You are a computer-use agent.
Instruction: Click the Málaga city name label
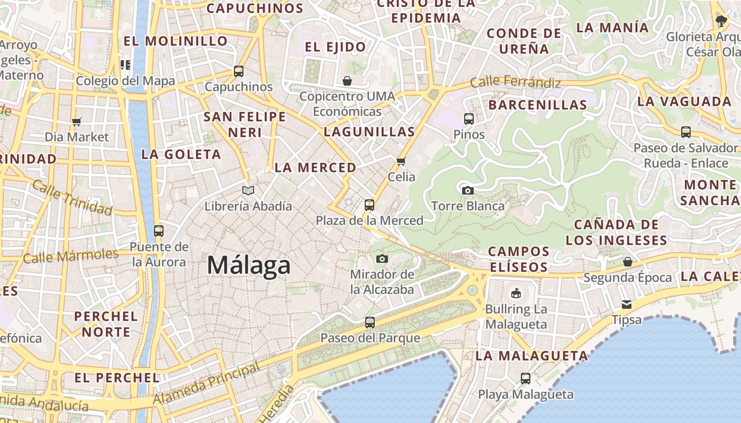click(249, 265)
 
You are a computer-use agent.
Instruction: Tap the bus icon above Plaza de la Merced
click(369, 205)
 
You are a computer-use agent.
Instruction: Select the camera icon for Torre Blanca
click(468, 190)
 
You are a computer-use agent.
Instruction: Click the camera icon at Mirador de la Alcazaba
click(382, 259)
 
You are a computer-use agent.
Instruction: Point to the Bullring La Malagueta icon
click(516, 293)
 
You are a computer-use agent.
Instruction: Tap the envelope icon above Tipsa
click(627, 304)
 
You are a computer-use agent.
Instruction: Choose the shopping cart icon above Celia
click(401, 161)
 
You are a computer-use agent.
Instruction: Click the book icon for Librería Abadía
click(248, 190)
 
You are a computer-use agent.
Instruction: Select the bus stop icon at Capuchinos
click(239, 71)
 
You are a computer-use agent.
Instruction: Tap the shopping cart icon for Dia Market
click(77, 122)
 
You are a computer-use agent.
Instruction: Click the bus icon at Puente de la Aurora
click(159, 231)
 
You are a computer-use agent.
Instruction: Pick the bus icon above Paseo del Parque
click(370, 322)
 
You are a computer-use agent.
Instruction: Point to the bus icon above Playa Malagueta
click(526, 379)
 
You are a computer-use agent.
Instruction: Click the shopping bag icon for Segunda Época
click(628, 262)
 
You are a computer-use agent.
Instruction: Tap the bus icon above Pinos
click(469, 118)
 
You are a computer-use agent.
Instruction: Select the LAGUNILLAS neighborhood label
click(369, 132)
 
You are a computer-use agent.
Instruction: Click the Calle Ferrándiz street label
click(515, 82)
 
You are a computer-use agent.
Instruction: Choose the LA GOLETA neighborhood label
click(181, 154)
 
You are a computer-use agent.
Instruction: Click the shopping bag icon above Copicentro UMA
click(347, 81)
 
